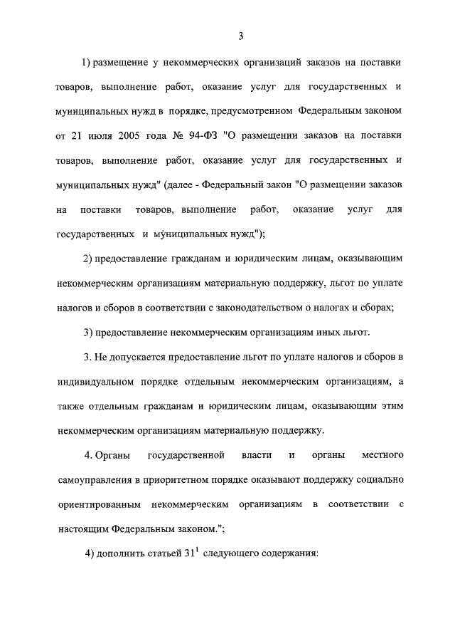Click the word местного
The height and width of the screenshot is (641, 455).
[x=382, y=454]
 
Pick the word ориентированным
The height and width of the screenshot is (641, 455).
[x=96, y=504]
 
